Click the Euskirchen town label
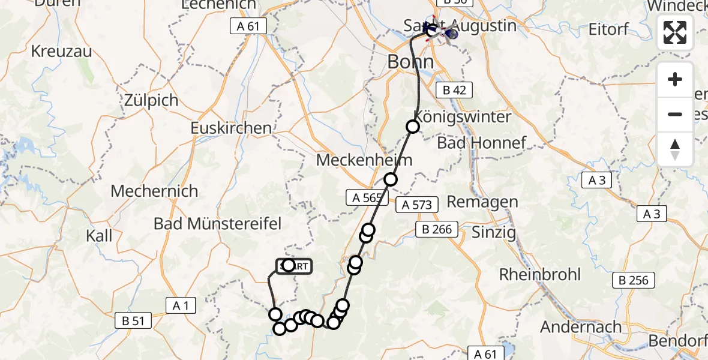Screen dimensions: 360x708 click(x=230, y=128)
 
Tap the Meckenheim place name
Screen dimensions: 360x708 click(x=364, y=160)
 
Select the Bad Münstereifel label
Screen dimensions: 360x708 click(x=217, y=224)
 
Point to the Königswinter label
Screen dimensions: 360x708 click(x=462, y=116)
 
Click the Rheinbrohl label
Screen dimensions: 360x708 click(x=540, y=275)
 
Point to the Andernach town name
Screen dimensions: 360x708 click(x=581, y=327)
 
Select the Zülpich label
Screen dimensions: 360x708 click(x=151, y=100)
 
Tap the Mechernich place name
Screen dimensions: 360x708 click(x=154, y=191)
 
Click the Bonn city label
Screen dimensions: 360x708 click(x=410, y=62)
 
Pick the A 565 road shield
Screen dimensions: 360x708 click(x=364, y=197)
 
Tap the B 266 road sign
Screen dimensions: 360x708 click(x=437, y=229)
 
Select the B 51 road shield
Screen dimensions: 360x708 click(x=133, y=321)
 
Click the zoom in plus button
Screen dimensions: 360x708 click(x=675, y=79)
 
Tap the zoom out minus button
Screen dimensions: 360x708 click(x=675, y=114)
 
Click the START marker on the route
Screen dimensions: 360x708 click(x=294, y=266)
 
